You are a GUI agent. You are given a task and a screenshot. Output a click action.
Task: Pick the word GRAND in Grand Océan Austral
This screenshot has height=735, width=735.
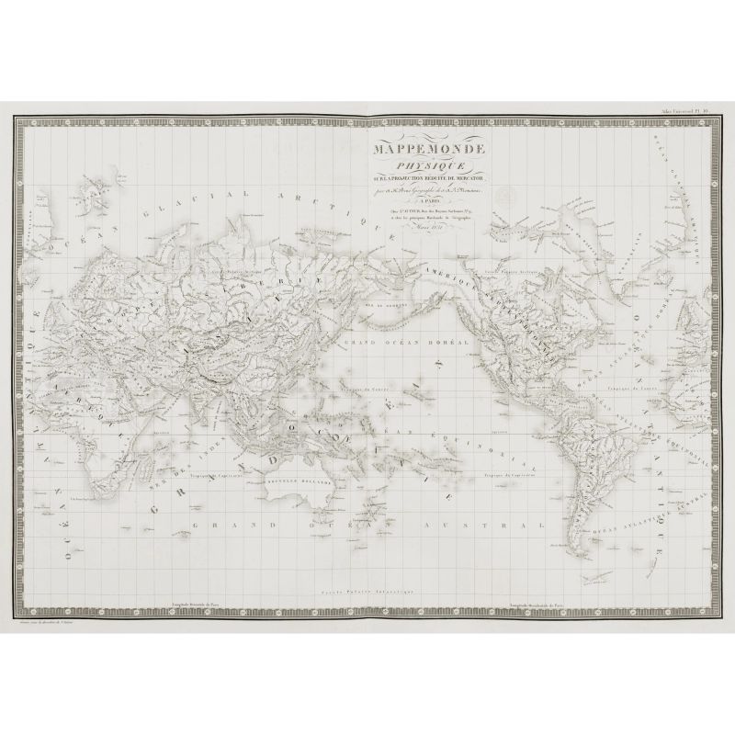pos(209,528)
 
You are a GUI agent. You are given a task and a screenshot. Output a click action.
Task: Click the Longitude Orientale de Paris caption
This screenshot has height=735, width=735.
pos(193,604)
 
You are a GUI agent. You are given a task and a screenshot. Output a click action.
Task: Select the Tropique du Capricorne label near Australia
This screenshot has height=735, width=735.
pos(214,476)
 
